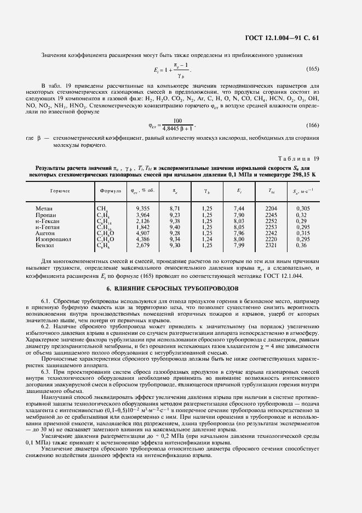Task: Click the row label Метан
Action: (44, 209)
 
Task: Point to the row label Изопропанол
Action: (53, 240)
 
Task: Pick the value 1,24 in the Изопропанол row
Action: (206, 240)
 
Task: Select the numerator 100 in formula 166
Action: (177, 121)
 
